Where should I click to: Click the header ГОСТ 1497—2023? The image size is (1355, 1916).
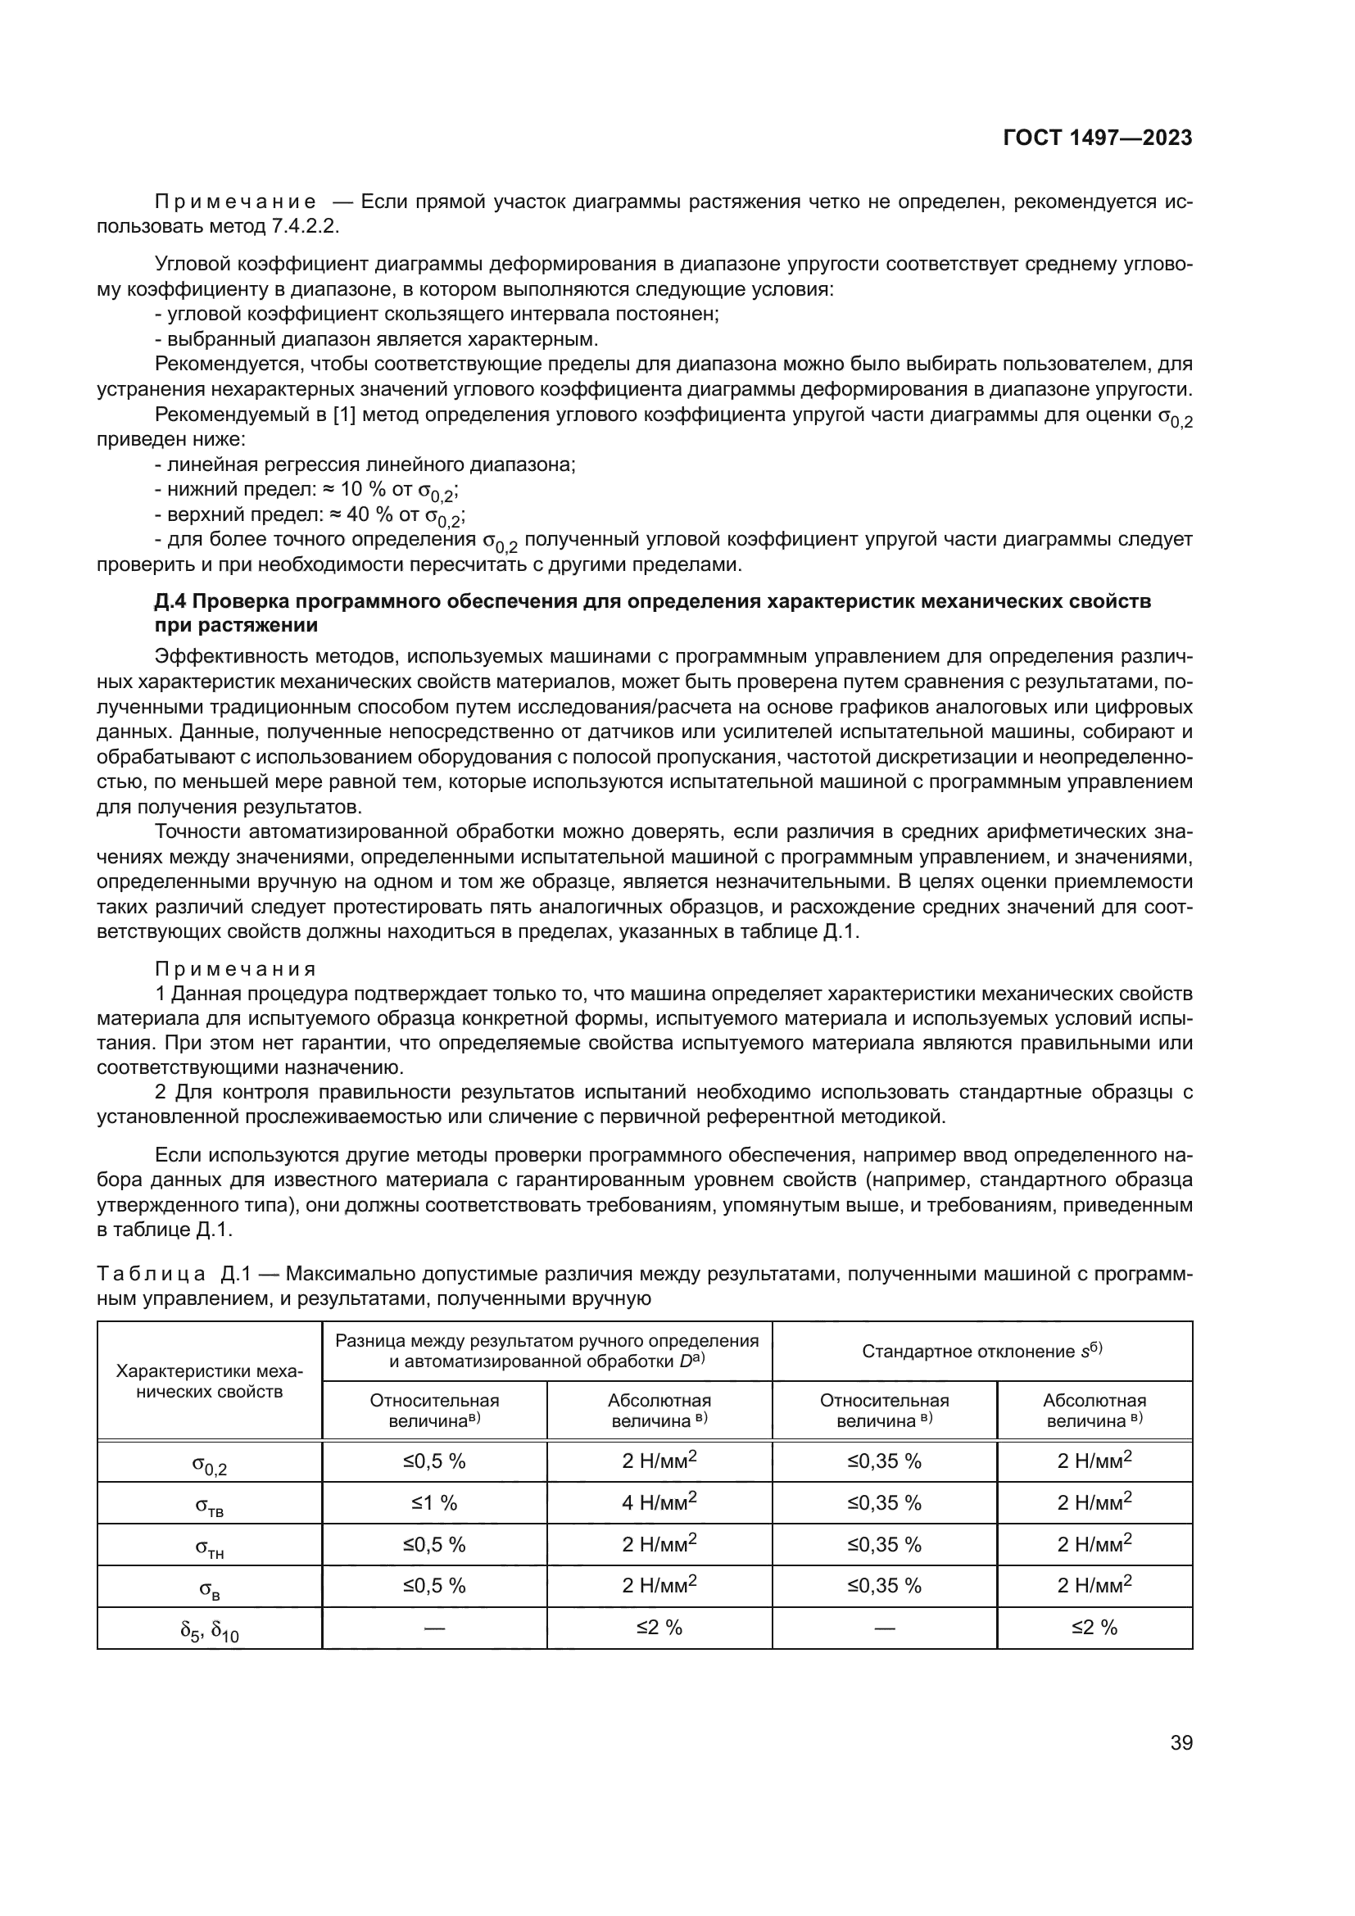1096,138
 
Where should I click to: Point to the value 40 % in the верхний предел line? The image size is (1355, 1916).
370,515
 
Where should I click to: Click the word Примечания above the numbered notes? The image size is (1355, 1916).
236,969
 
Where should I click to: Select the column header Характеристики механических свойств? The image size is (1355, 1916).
210,1381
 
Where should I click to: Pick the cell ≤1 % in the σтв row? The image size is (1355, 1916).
434,1503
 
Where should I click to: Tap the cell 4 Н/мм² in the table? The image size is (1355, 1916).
659,1503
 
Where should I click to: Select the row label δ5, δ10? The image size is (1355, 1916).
210,1629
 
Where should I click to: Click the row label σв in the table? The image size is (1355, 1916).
210,1588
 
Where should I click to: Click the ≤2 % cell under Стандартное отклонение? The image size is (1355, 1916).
1094,1628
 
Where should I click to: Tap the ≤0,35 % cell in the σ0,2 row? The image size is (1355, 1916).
885,1461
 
